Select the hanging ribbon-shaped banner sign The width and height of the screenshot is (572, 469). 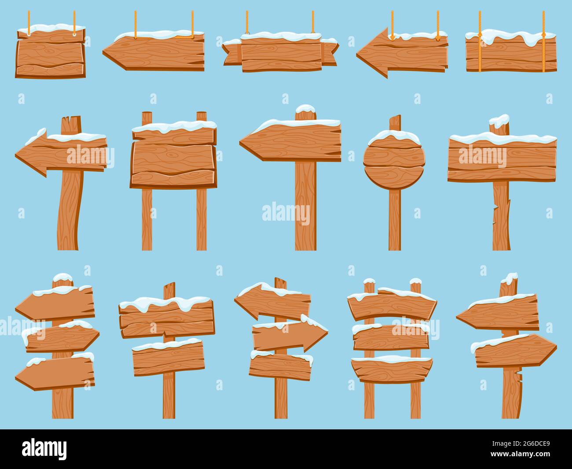tap(280, 53)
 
